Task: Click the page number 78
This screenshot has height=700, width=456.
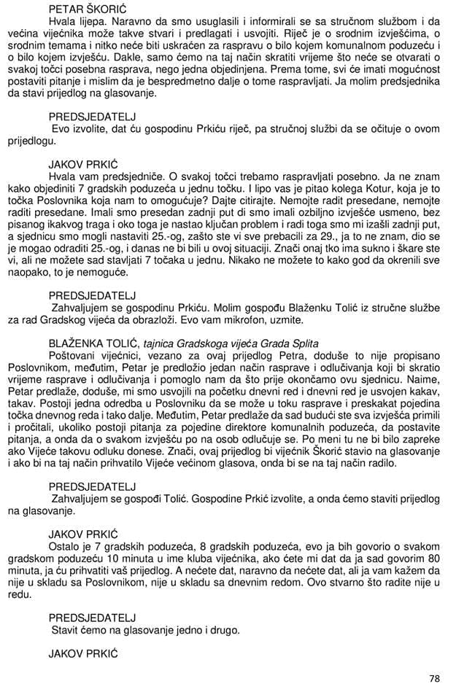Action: (x=435, y=678)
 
